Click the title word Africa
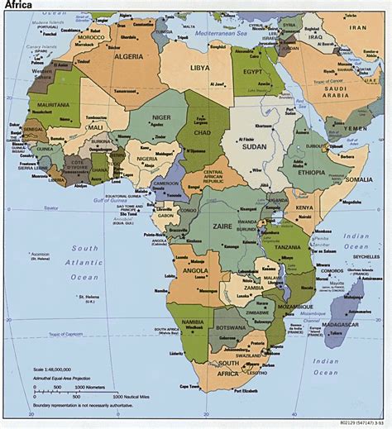click(19, 6)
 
